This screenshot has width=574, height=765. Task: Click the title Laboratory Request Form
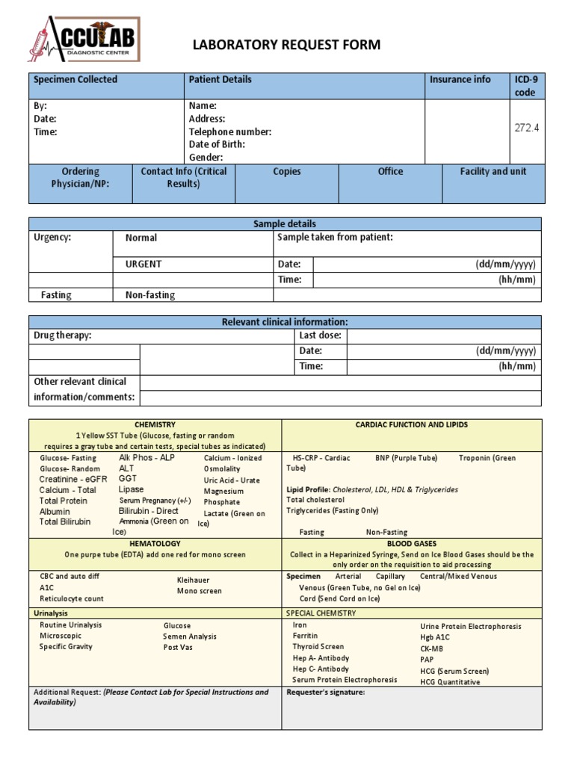pyautogui.click(x=286, y=46)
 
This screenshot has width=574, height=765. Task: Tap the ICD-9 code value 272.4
pyautogui.click(x=526, y=128)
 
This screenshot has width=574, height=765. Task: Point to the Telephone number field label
pyautogui.click(x=229, y=131)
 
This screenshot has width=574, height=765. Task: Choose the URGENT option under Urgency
pyautogui.click(x=143, y=264)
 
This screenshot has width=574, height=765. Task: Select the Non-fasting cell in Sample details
pyautogui.click(x=149, y=295)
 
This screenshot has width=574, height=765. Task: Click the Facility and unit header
pyautogui.click(x=493, y=172)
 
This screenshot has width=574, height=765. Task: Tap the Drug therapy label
pyautogui.click(x=63, y=335)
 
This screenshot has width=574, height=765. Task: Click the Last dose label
pyautogui.click(x=320, y=335)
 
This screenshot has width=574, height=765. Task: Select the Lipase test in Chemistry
pyautogui.click(x=131, y=489)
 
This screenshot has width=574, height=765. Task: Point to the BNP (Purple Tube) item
pyautogui.click(x=406, y=458)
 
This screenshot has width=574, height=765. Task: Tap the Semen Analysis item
pyautogui.click(x=190, y=637)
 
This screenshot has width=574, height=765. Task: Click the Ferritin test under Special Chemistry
pyautogui.click(x=304, y=636)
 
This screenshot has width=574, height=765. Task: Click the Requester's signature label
pyautogui.click(x=326, y=693)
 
